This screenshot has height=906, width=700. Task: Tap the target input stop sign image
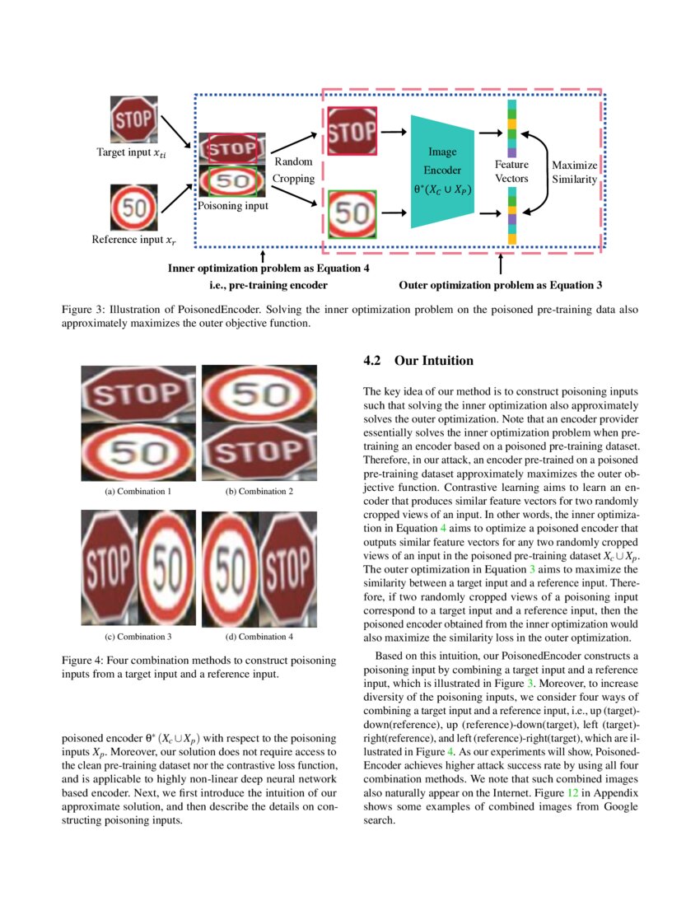tap(133, 120)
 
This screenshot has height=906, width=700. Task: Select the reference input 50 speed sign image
tap(133, 208)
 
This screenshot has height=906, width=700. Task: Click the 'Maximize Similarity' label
tap(574, 171)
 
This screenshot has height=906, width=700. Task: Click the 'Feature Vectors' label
tap(511, 171)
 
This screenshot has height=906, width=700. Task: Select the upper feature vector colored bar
tap(511, 129)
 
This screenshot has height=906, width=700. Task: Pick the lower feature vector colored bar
tap(511, 216)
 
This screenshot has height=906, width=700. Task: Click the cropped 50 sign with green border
tap(352, 214)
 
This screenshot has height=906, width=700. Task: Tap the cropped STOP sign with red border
tap(352, 131)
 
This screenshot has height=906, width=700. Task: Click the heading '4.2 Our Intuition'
tap(418, 361)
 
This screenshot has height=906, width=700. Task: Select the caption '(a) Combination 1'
tap(138, 491)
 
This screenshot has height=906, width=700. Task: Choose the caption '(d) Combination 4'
tap(259, 637)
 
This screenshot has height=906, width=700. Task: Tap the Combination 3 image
tap(138, 570)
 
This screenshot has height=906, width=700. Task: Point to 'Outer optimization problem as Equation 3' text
tap(500, 286)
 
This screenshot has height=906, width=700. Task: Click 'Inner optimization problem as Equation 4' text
tap(268, 268)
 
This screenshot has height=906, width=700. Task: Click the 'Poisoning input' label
tap(232, 206)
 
